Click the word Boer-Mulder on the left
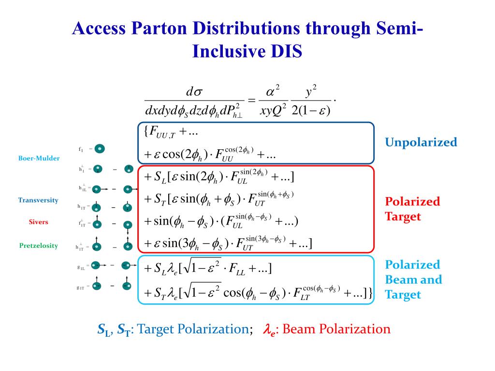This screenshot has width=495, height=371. click(39, 158)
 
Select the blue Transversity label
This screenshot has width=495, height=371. click(38, 200)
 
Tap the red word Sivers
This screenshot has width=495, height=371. click(38, 222)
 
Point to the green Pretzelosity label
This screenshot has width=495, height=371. click(38, 245)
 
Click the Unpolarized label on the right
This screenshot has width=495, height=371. click(421, 142)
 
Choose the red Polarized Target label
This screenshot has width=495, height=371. click(412, 209)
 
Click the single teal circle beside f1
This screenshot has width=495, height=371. click(100, 149)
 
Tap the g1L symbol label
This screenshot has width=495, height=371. click(82, 265)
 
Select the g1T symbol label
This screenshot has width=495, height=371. click(82, 287)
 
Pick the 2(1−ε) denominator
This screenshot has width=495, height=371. click(311, 110)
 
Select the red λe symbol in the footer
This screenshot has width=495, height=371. click(269, 330)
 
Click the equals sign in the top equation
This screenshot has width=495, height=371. click(251, 100)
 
